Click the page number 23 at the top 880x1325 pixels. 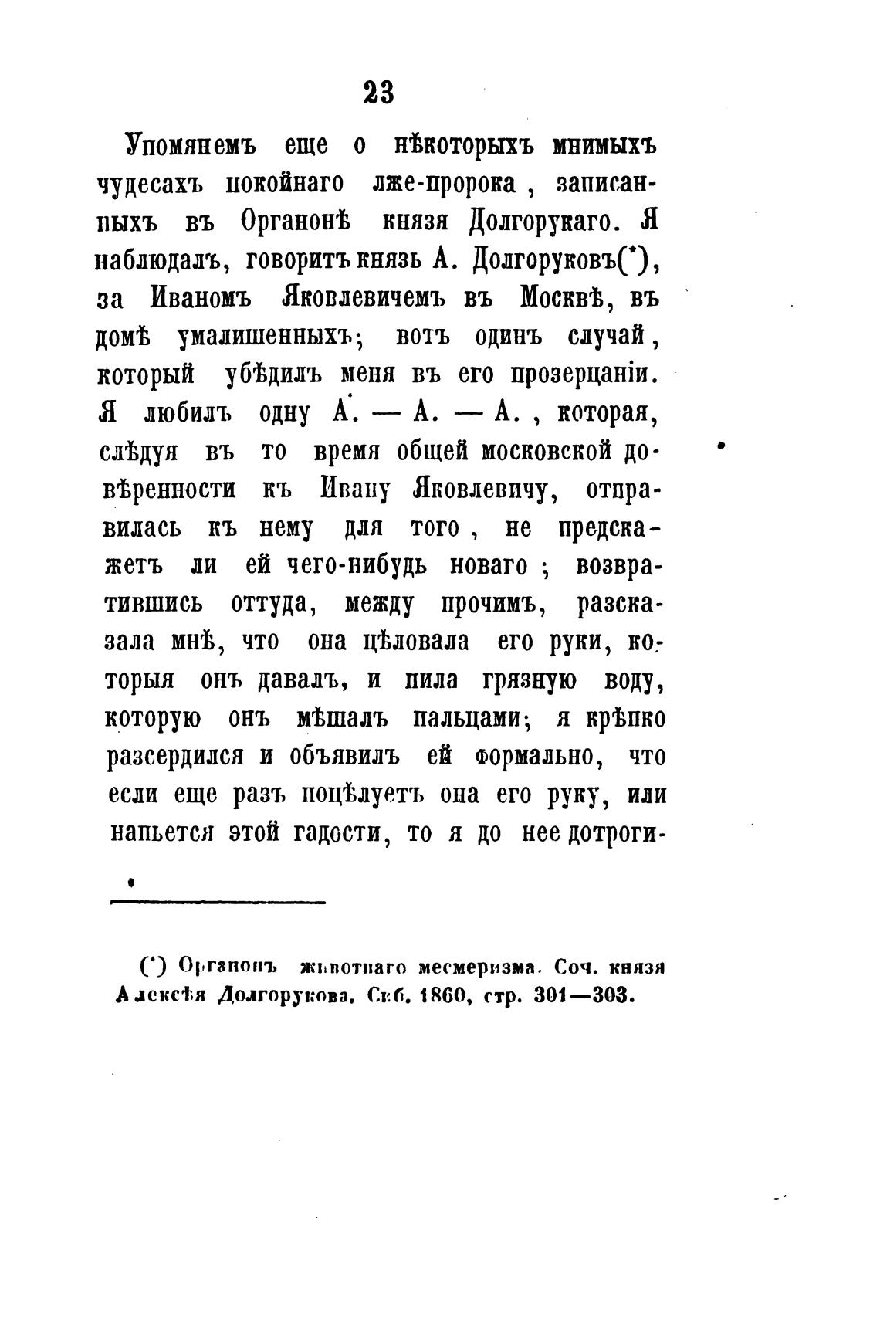tap(377, 93)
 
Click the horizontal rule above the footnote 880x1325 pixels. tap(218, 900)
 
